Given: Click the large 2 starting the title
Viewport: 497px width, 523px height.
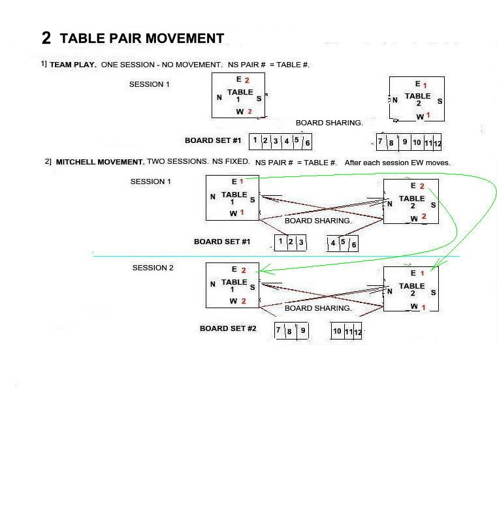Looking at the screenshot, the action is click(x=46, y=38).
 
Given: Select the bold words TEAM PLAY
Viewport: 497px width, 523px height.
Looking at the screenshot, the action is click(x=73, y=65).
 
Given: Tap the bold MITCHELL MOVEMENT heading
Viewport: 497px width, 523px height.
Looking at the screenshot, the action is click(x=100, y=162).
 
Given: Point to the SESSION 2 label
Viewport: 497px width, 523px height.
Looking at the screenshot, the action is click(x=153, y=268).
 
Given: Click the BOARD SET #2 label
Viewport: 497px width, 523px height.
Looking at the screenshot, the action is click(x=228, y=328).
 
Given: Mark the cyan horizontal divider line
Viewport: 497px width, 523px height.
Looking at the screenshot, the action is click(x=276, y=256).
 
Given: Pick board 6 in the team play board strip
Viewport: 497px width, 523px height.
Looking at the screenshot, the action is click(x=308, y=143).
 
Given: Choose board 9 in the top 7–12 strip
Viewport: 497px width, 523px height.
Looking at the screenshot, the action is click(x=405, y=142).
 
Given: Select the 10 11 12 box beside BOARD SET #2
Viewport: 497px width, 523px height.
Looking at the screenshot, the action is click(x=346, y=331).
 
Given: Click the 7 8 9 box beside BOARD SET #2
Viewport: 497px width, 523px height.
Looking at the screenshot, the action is click(x=291, y=331).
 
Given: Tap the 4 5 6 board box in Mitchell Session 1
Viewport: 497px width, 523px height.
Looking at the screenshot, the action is click(x=343, y=244).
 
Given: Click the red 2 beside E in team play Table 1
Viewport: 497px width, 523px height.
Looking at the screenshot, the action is click(x=247, y=80).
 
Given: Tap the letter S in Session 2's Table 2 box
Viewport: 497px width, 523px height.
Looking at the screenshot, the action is click(x=433, y=293).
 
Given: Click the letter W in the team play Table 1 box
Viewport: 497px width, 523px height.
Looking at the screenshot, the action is click(x=240, y=112).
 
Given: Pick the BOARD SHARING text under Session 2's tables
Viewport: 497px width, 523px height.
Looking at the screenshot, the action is click(x=318, y=308).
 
